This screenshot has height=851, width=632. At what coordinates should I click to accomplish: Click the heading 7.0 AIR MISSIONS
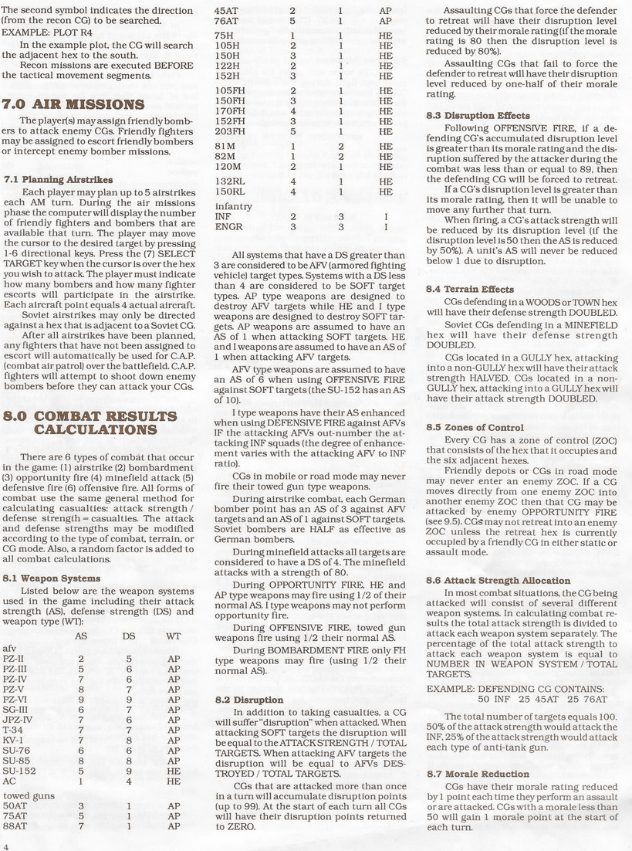coord(74,104)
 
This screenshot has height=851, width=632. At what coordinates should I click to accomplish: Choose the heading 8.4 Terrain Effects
coord(471,289)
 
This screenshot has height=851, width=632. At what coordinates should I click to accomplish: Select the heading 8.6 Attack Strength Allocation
coord(499,580)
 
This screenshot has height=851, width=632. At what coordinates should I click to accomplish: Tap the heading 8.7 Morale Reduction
coord(478,773)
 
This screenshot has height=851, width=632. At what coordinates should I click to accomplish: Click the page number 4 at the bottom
coord(6,846)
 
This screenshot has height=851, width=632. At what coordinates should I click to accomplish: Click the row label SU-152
coord(19,769)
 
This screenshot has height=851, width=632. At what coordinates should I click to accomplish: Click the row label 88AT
coord(15,825)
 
